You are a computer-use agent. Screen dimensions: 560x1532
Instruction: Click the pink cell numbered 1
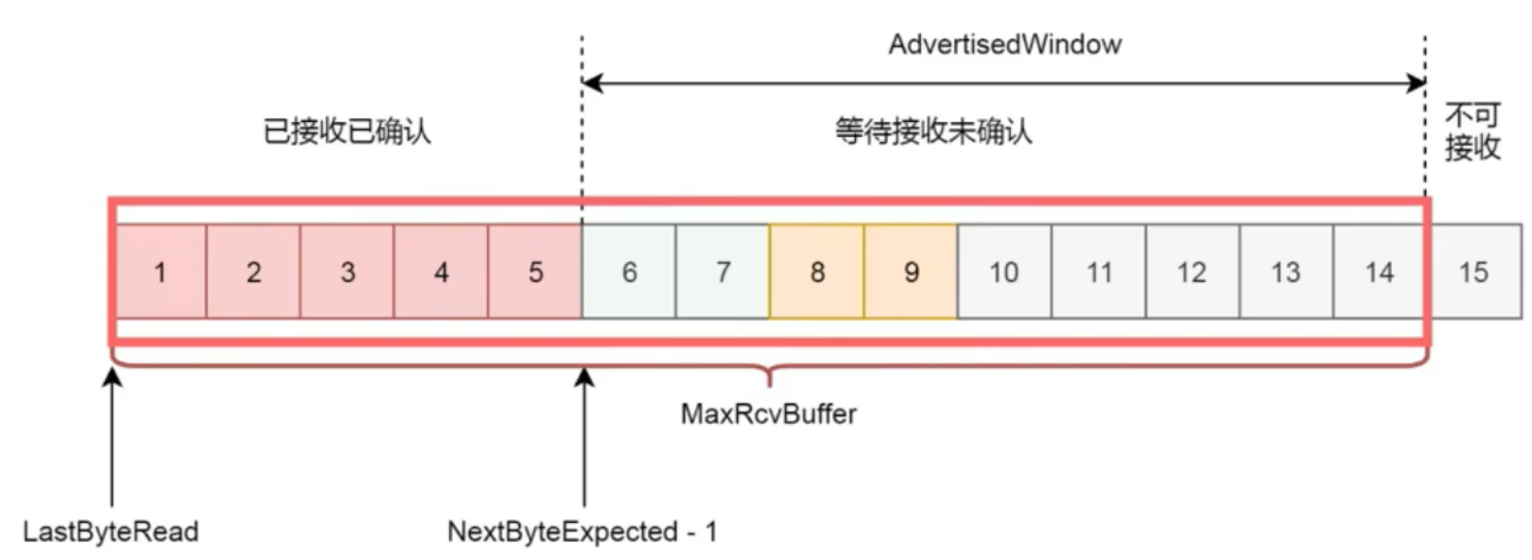tap(160, 272)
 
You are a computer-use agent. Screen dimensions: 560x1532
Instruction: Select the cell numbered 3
tap(347, 272)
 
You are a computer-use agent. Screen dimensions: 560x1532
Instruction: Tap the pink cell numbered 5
tap(535, 272)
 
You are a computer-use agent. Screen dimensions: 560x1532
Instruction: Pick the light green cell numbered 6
tap(629, 272)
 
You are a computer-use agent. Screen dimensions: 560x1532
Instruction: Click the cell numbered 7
tap(722, 272)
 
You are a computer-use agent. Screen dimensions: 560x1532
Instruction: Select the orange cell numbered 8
tap(816, 272)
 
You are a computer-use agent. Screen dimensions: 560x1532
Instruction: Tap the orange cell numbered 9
tap(911, 272)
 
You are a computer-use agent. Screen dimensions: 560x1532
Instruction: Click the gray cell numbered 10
tap(1004, 272)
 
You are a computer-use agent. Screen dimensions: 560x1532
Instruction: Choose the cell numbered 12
tap(1192, 272)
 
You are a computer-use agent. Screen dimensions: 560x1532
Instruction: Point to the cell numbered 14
tap(1379, 272)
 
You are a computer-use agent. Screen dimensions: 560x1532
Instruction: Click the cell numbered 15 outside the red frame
tap(1473, 272)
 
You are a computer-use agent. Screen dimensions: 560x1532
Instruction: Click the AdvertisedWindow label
tap(1004, 44)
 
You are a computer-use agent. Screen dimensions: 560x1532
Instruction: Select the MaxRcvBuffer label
tap(769, 414)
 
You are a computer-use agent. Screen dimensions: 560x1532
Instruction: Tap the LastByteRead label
tap(111, 532)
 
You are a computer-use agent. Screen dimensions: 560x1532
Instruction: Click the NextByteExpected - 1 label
tap(583, 532)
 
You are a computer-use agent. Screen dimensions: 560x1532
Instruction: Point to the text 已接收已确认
tap(347, 131)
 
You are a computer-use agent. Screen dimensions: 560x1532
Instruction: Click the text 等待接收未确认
tap(933, 131)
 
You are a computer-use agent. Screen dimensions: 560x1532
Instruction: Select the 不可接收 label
tap(1472, 131)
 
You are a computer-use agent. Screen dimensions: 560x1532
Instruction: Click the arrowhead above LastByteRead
tap(113, 377)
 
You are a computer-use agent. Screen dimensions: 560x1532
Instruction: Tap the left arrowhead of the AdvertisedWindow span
tap(592, 83)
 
